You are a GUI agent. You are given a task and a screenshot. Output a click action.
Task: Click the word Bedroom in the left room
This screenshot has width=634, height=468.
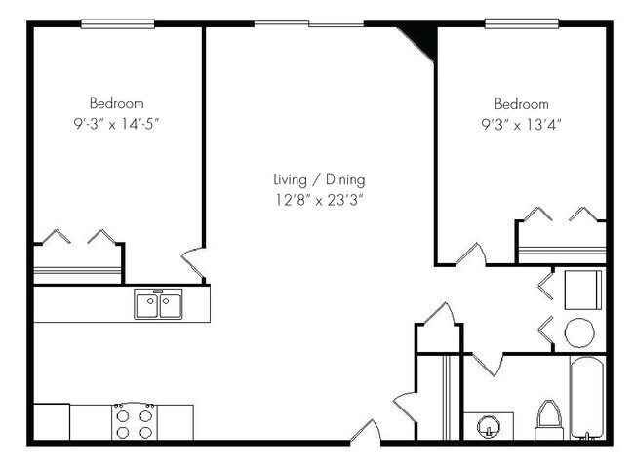coord(117,103)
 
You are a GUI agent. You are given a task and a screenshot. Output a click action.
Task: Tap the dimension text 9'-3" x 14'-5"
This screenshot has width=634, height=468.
coord(117,124)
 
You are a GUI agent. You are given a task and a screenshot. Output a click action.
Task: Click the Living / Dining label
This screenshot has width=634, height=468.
coord(320,180)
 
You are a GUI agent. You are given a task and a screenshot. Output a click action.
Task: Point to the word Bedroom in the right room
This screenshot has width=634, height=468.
coord(521,104)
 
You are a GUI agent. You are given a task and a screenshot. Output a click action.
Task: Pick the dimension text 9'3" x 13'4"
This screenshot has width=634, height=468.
coord(521,124)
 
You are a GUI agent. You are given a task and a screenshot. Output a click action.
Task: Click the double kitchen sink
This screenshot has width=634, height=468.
coord(158,306)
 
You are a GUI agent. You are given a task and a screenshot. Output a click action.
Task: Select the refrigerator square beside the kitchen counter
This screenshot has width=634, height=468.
coord(52,422)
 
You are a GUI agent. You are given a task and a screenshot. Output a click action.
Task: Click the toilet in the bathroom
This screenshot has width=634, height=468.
coord(547,422)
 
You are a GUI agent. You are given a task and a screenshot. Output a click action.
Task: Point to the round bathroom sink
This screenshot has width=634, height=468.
coord(489,426)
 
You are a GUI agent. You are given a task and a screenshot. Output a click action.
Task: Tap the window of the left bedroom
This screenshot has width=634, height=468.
coord(117,23)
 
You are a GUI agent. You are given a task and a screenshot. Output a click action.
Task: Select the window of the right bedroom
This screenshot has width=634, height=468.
coord(521,23)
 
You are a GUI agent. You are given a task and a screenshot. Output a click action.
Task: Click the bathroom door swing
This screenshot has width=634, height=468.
coord(489,365)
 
